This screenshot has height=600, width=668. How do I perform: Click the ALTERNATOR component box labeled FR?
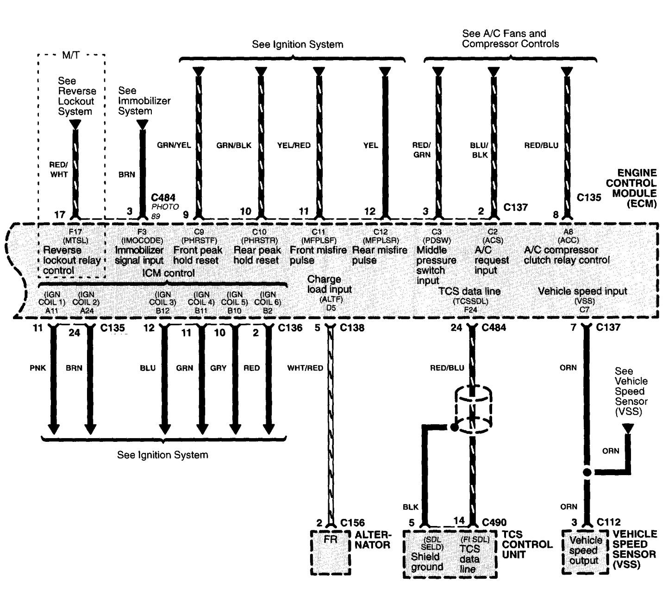(331, 552)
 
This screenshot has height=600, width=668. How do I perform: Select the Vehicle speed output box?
(584, 551)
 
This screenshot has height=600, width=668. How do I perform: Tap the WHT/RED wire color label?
(305, 368)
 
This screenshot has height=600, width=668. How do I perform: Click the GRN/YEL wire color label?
(174, 145)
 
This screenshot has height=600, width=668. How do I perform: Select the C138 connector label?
(352, 328)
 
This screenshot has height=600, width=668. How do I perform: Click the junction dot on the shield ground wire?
(454, 427)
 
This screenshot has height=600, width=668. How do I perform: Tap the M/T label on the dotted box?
(70, 56)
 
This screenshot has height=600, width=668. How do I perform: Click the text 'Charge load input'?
(330, 284)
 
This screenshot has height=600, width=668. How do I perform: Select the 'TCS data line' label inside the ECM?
(469, 291)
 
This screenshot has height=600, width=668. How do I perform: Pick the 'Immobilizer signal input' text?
(139, 255)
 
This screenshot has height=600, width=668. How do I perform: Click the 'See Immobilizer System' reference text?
(144, 101)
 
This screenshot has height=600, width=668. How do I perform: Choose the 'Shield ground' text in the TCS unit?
(427, 562)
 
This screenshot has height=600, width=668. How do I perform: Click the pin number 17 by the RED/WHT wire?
(60, 215)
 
